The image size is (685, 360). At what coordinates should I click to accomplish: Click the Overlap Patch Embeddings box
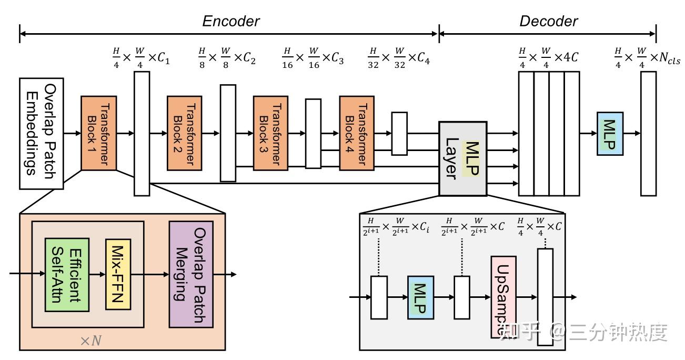[x=42, y=134]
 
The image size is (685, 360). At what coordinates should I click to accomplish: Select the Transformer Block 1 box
[x=98, y=133]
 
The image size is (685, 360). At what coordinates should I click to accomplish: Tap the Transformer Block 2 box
[x=185, y=133]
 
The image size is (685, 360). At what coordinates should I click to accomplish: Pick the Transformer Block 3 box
[x=270, y=133]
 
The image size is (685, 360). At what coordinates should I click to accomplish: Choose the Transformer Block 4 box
[x=357, y=133]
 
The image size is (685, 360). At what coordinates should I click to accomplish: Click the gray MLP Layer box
[x=462, y=158]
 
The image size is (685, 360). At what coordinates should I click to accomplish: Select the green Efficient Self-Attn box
[x=67, y=274]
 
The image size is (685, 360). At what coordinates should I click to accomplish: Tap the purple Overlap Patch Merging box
[x=191, y=274]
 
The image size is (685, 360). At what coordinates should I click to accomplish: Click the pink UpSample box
[x=503, y=297]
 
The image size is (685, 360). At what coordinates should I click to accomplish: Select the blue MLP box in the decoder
[x=610, y=134]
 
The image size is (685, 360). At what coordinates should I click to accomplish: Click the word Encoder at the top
[x=231, y=21]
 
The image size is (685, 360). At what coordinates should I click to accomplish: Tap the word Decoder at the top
[x=548, y=21]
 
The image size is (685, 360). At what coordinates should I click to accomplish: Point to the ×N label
[x=90, y=341]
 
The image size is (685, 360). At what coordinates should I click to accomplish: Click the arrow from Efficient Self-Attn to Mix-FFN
[x=97, y=274]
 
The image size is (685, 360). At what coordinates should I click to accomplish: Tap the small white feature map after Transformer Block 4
[x=399, y=133]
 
